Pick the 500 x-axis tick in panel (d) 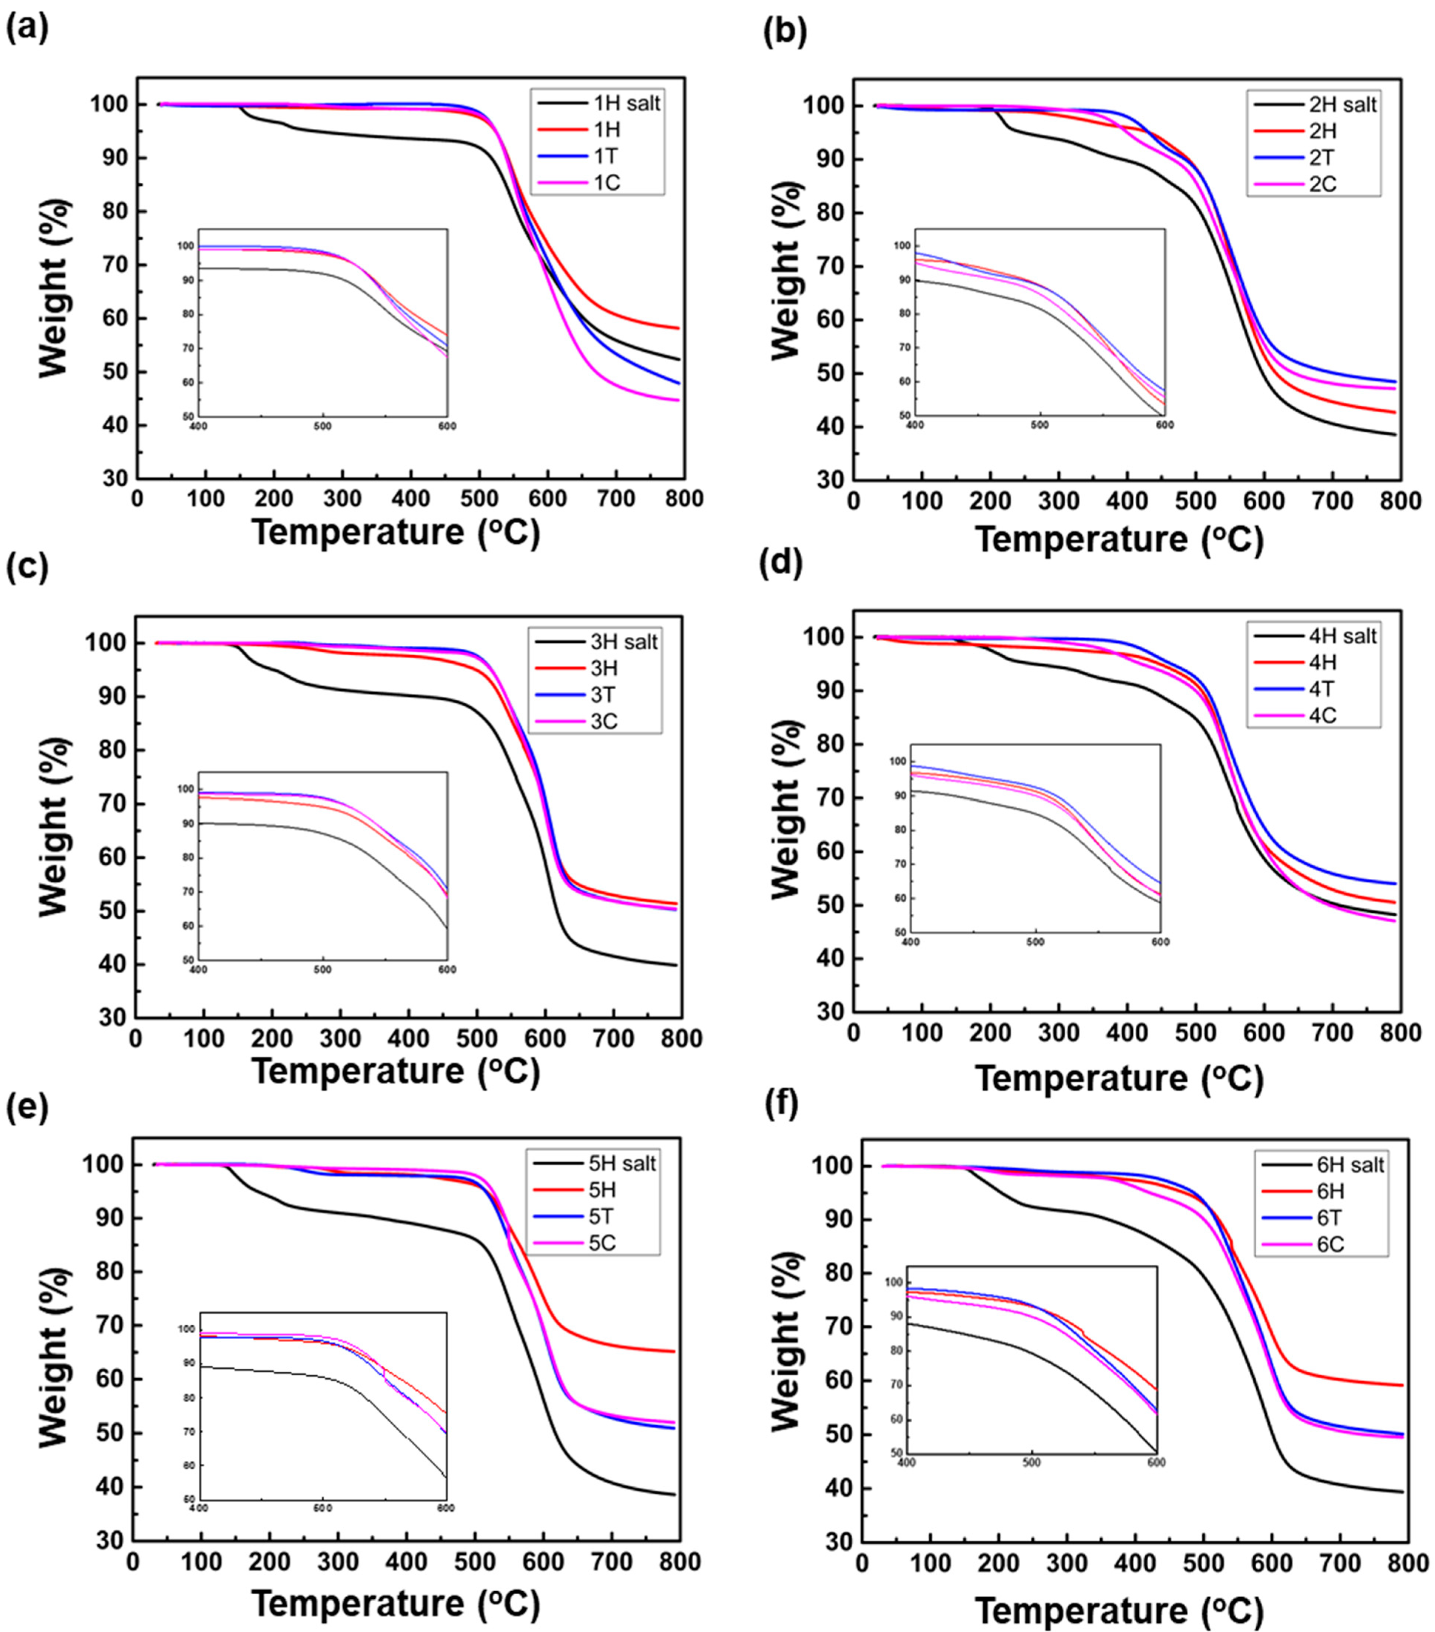tap(1195, 1033)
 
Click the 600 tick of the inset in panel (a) tap(447, 426)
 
